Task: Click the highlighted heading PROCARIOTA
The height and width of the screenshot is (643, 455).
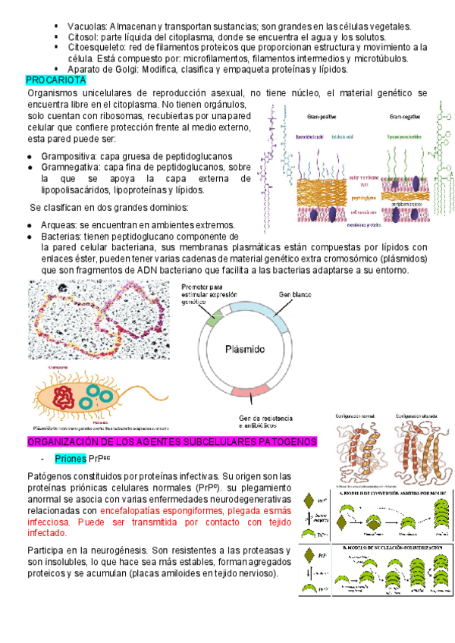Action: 57,80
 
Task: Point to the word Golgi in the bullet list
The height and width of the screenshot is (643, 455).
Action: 127,69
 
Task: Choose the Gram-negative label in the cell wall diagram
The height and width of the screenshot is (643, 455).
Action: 406,118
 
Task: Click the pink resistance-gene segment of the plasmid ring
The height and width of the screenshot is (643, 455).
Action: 254,392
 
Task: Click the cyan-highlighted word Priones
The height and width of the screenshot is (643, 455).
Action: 70,459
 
